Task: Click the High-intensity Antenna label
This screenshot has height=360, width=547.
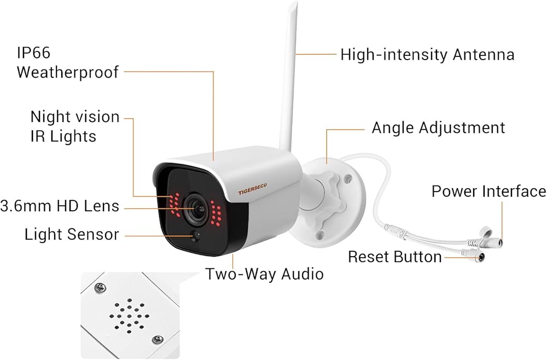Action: click(427, 55)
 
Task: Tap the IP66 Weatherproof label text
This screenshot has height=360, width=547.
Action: click(67, 63)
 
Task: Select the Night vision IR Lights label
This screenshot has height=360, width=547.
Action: click(74, 126)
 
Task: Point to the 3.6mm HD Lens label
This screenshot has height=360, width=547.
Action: click(60, 206)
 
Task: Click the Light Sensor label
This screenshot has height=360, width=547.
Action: click(72, 234)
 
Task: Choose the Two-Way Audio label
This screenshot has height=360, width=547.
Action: click(264, 274)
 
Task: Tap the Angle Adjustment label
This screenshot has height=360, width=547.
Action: click(438, 128)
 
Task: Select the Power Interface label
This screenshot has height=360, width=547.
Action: click(488, 191)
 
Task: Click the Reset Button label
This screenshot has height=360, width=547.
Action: click(394, 257)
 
